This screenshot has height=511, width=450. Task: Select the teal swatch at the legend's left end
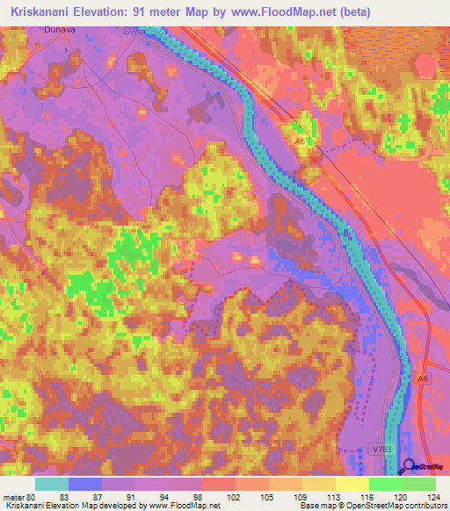52,484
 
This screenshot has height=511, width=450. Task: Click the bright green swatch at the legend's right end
419,484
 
